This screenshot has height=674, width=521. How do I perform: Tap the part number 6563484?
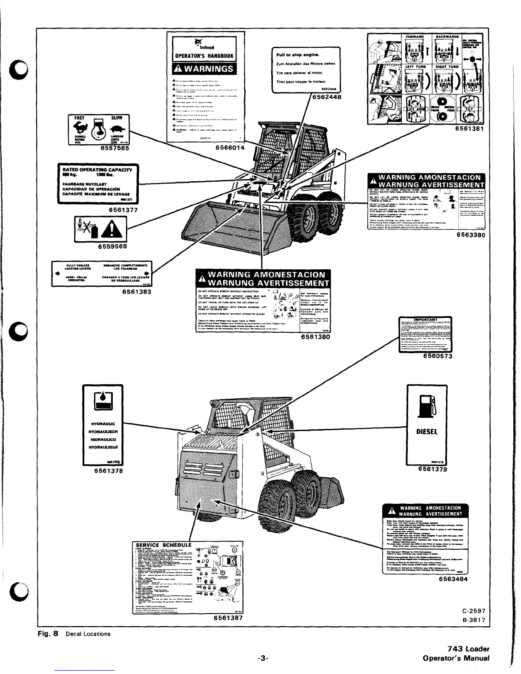(x=453, y=579)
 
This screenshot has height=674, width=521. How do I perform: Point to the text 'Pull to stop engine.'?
(x=298, y=55)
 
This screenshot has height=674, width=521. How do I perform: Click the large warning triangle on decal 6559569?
(x=108, y=232)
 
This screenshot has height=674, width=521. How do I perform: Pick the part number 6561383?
(x=137, y=292)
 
